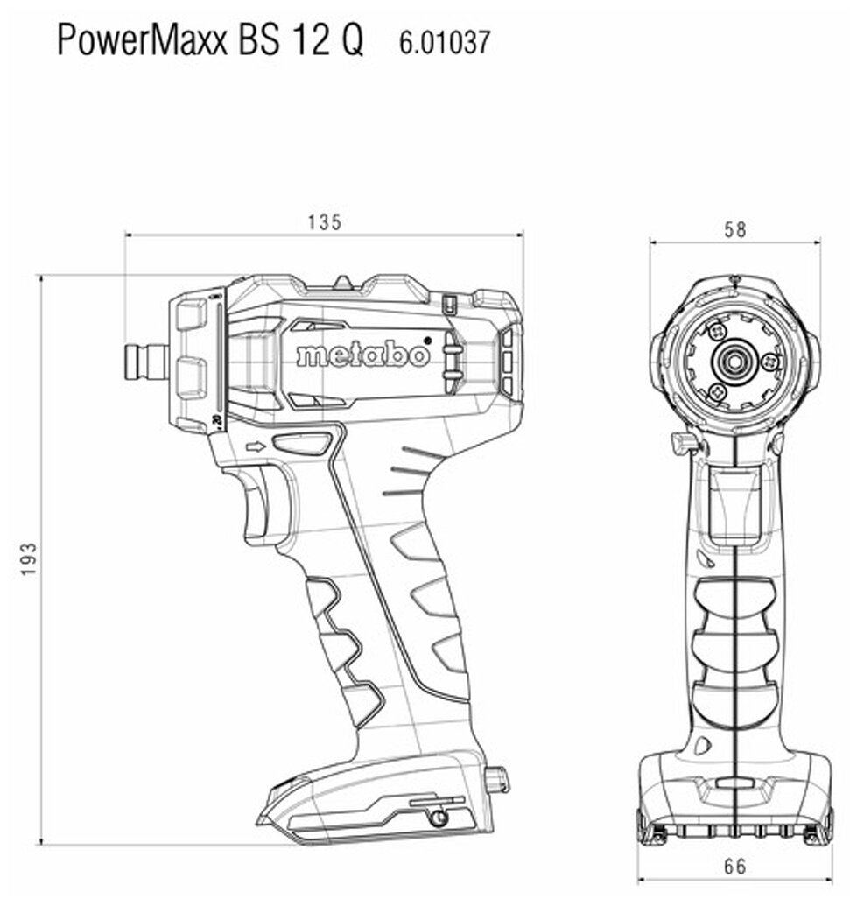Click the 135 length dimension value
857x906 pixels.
click(324, 222)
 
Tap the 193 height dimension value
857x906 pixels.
click(28, 558)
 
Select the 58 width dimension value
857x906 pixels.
click(735, 230)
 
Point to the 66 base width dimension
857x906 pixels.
click(734, 867)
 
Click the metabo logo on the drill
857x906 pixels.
click(363, 354)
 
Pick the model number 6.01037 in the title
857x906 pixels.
click(445, 43)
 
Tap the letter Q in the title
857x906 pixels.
click(351, 40)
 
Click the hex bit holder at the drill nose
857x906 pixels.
click(147, 362)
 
